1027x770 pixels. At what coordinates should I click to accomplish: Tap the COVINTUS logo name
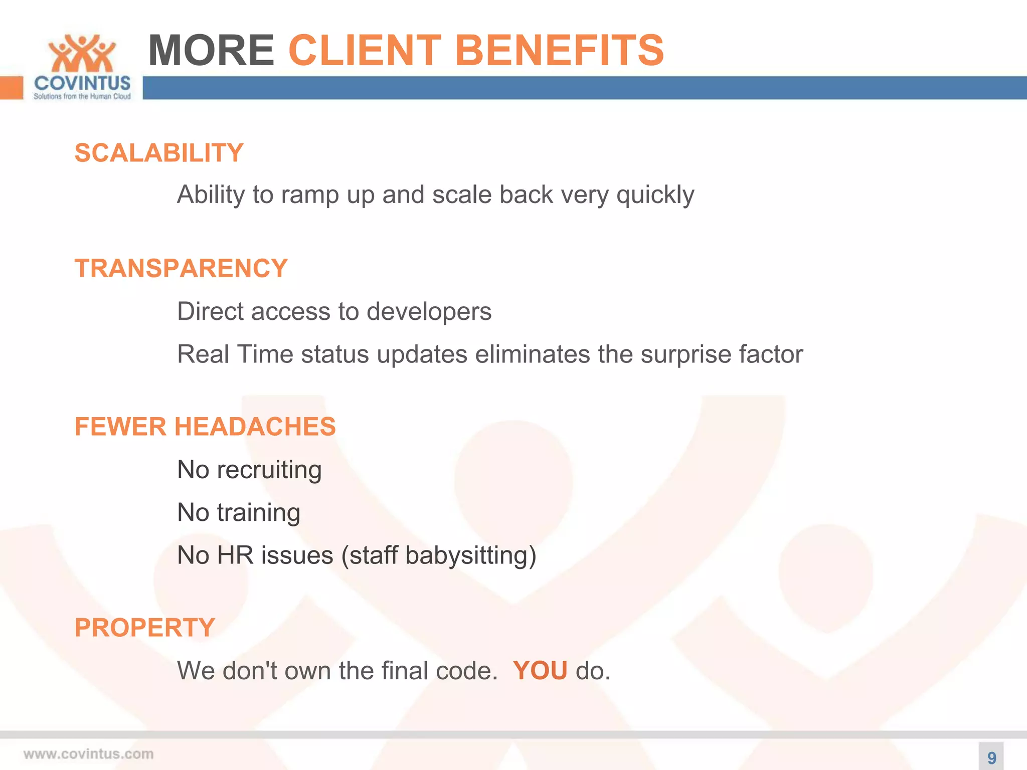tap(82, 83)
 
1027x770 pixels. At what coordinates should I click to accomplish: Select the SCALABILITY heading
tap(159, 153)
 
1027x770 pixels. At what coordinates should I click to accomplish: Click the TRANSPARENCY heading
tap(181, 268)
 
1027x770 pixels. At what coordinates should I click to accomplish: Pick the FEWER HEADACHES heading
tap(205, 427)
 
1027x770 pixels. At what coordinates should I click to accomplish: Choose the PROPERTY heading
tap(145, 628)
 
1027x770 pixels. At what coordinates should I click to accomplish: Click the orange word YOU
tap(540, 671)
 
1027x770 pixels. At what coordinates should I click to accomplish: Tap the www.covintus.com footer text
tap(88, 754)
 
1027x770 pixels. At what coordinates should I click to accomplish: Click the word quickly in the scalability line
tap(655, 196)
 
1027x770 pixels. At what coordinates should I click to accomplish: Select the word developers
tap(429, 312)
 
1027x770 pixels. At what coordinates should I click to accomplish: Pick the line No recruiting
tap(249, 470)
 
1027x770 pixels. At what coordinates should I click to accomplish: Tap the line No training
tap(239, 513)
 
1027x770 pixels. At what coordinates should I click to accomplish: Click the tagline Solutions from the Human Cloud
tap(82, 96)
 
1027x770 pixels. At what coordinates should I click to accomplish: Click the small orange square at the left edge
tap(11, 88)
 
